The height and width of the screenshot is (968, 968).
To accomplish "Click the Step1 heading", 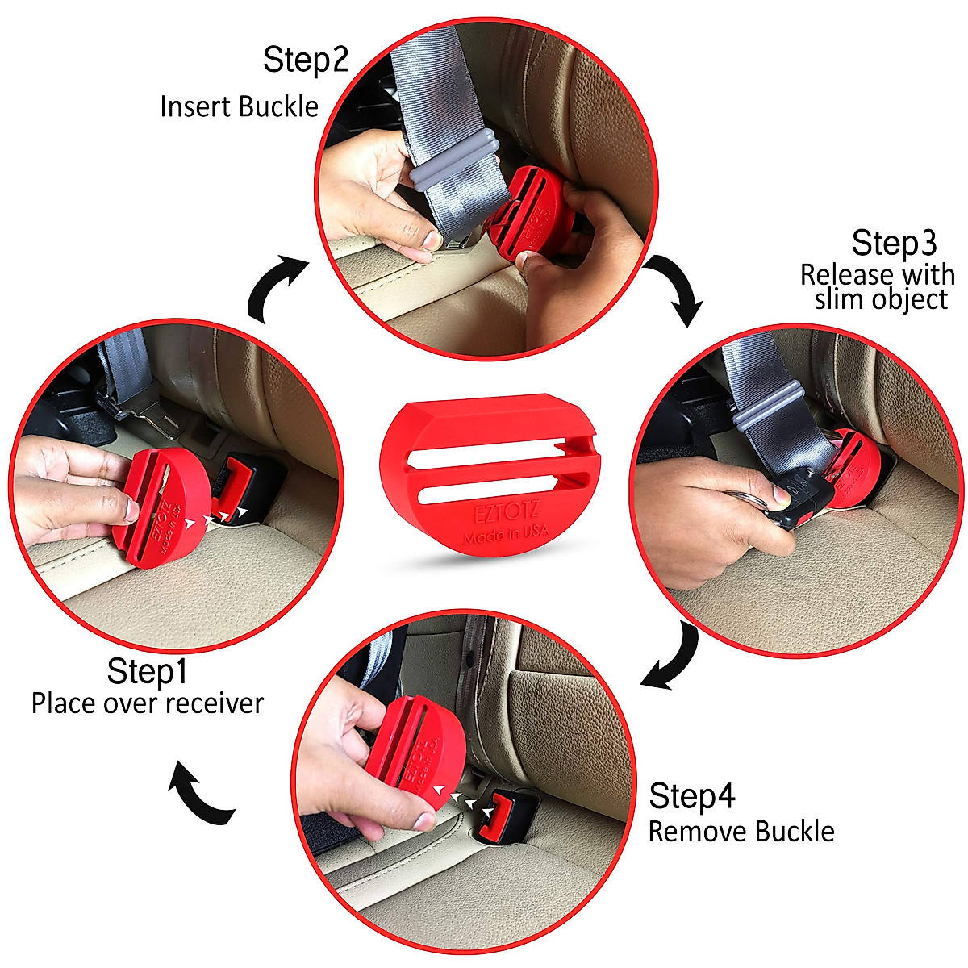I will pos(147,670).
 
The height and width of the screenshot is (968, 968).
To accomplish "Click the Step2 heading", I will pos(306,60).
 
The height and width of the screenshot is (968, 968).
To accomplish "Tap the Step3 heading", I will pos(893,244).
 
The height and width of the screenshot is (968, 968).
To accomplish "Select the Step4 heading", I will pos(692,796).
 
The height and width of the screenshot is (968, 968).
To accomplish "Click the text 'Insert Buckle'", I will pos(239,106).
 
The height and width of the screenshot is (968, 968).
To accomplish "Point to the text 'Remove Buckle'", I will pos(741,832).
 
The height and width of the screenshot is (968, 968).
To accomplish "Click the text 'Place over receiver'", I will pos(148,703).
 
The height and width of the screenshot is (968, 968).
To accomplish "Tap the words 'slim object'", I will pos(881,300).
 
